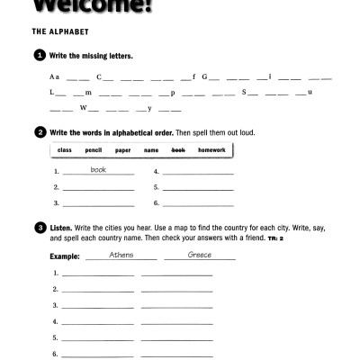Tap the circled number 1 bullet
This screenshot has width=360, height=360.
(40, 56)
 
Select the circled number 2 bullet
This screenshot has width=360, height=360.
(40, 132)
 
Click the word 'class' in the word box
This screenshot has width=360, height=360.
(64, 150)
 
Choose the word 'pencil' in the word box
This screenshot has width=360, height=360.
(93, 150)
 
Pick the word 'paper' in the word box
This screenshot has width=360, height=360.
(122, 150)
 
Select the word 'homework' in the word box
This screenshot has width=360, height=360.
(211, 150)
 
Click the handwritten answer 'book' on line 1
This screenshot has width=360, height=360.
(98, 169)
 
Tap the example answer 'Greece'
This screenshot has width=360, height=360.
(200, 255)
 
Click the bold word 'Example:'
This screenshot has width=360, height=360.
(65, 256)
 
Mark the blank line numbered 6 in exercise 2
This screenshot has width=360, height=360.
(198, 205)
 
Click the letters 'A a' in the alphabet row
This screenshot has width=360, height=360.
(55, 76)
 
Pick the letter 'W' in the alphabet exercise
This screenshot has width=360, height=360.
(83, 109)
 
